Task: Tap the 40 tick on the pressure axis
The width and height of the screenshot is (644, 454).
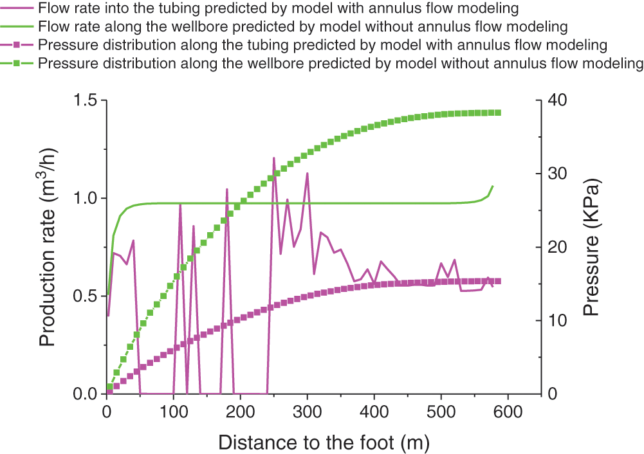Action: tap(555, 100)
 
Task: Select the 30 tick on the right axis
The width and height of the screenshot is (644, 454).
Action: tap(555, 174)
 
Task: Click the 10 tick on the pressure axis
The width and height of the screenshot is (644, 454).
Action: tap(555, 320)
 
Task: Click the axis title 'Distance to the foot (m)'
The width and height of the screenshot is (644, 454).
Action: tap(324, 442)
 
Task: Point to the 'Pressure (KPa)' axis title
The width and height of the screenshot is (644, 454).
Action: tap(591, 247)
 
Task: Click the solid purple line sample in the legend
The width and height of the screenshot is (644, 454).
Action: tap(18, 9)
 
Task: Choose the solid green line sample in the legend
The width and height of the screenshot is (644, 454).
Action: tap(18, 27)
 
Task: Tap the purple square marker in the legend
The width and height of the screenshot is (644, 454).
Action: tap(18, 46)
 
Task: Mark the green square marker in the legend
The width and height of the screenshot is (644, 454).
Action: tap(18, 64)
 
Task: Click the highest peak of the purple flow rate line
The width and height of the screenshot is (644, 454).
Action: tap(273, 158)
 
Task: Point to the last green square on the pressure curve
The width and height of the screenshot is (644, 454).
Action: tap(497, 113)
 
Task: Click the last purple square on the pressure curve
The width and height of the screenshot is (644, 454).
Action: tap(497, 281)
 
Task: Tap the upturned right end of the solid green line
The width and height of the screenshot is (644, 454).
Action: tap(492, 187)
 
